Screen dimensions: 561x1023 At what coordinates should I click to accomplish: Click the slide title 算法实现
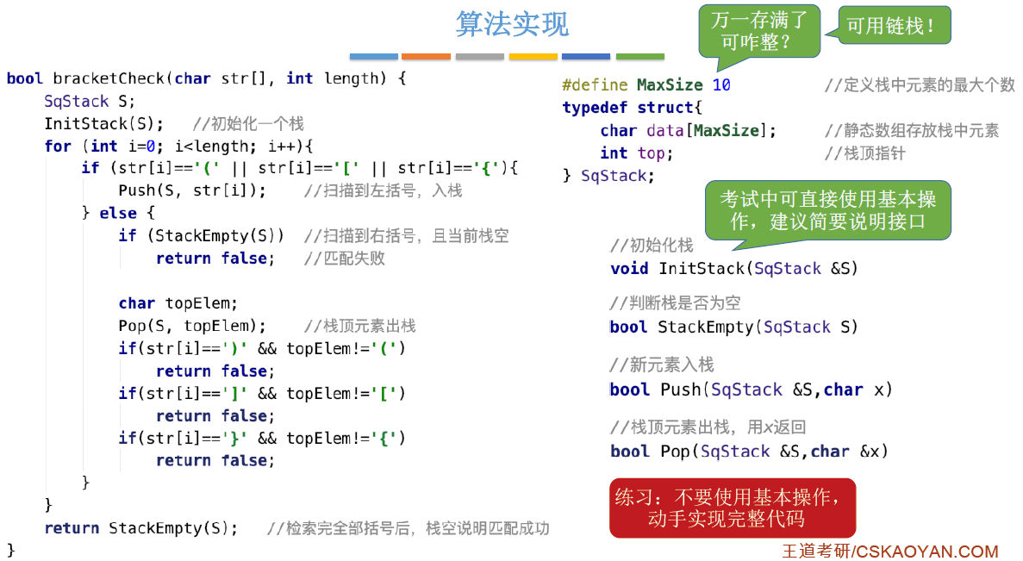coord(512,24)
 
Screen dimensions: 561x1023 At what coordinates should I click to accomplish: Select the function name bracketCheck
coord(109,78)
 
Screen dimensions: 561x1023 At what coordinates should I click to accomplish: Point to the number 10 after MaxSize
coord(721,85)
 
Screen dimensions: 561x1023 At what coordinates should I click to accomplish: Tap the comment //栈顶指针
coord(865,153)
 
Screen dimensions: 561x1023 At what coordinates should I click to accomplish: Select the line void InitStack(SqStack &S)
coord(734,269)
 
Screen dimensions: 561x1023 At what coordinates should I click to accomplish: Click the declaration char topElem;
coord(178,303)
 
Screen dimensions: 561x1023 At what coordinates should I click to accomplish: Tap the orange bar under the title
coord(426,57)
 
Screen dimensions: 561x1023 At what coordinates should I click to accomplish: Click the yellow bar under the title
coord(533,57)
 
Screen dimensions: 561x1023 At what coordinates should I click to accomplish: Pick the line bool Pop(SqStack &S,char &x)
coord(748,452)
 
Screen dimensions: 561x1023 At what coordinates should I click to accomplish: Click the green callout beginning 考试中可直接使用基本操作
coord(827,210)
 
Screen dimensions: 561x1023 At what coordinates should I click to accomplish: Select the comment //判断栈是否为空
coord(675,303)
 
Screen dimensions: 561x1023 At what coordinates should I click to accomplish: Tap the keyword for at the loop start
coord(58,146)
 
